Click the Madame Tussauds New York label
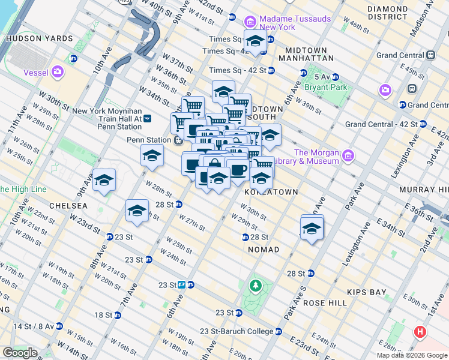click(295, 23)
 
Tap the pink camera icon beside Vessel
click(58, 73)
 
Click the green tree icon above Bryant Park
click(310, 77)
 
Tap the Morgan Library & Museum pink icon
click(348, 157)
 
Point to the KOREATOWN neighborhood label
click(271, 191)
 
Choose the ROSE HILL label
click(325, 303)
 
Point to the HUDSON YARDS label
click(39, 38)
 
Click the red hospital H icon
click(421, 331)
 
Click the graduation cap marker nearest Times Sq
click(255, 41)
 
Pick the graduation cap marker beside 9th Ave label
click(104, 180)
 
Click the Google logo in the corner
click(20, 353)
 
